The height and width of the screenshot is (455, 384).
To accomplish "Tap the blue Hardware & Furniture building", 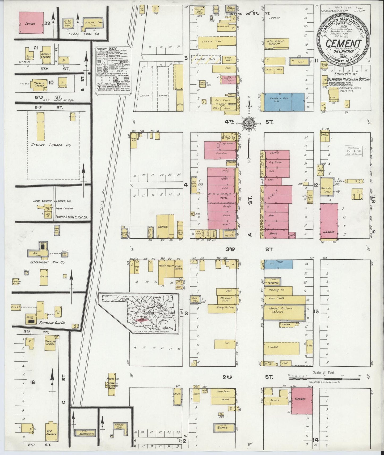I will coord(284,102).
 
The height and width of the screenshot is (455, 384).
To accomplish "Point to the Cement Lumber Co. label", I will coord(50,145).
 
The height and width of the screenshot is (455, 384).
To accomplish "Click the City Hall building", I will coord(228,59).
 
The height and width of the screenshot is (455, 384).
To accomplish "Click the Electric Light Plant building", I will coord(200,10).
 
